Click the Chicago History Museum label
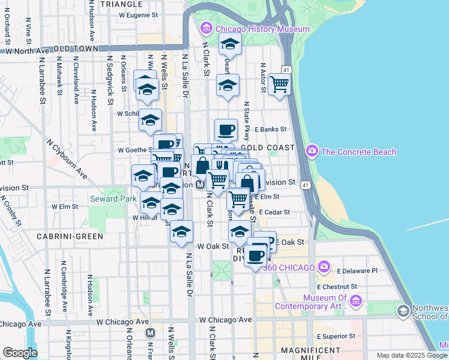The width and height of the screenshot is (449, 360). [x=262, y=29]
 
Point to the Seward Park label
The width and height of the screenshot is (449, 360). [x=107, y=199]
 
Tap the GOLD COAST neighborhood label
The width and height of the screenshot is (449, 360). [x=268, y=147]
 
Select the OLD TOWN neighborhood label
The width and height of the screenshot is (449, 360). [x=76, y=49]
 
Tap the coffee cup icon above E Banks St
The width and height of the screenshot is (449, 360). [x=226, y=129]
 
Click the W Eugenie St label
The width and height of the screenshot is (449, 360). [x=138, y=14]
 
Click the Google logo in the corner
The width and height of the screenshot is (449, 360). [x=19, y=353]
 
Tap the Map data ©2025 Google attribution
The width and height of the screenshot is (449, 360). [x=411, y=355]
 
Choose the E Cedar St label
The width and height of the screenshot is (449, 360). [x=276, y=212]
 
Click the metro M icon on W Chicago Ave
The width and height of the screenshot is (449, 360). [x=150, y=332]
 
